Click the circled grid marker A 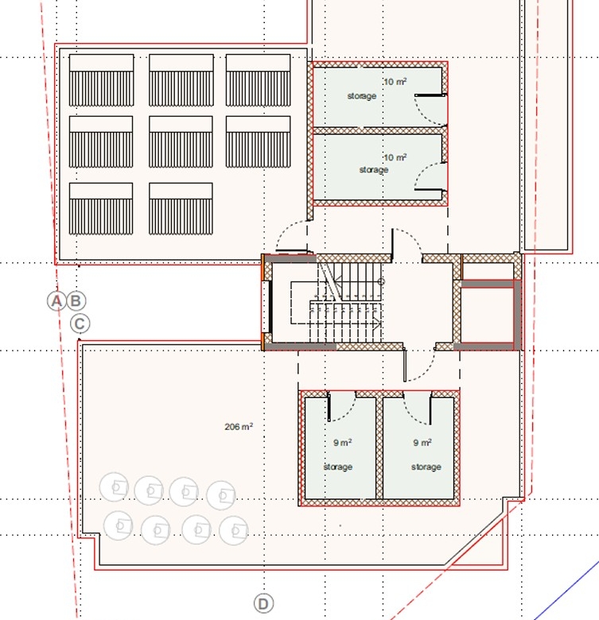(x=56, y=301)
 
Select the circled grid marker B (x=76, y=301)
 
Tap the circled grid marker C (x=80, y=324)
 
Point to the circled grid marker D (x=263, y=604)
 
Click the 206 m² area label (x=239, y=427)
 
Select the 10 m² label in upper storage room (x=395, y=81)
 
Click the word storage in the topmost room (x=362, y=96)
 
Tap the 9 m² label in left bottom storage (x=342, y=443)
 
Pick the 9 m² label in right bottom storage (x=422, y=443)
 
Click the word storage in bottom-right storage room (x=426, y=467)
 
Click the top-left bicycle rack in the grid (x=101, y=80)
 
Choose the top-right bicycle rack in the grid (x=258, y=80)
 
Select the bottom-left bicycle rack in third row (x=101, y=209)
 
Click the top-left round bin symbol (x=114, y=486)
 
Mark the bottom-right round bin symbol (x=234, y=531)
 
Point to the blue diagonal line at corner (x=566, y=590)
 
